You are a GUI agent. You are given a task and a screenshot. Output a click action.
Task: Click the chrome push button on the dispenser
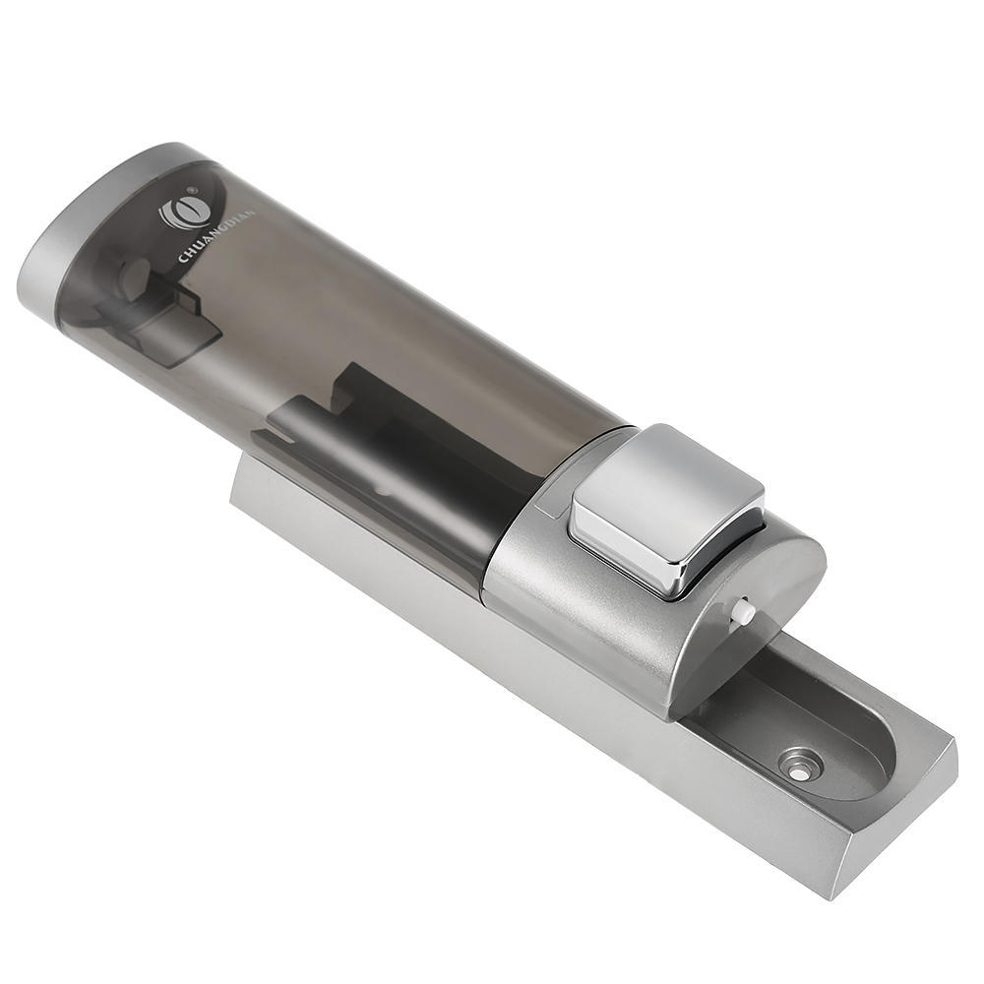point(665,509)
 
